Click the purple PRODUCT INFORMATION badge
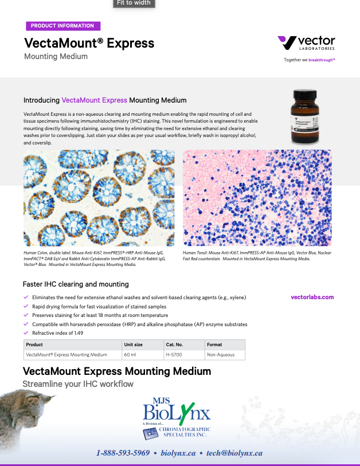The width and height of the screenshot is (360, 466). [62, 26]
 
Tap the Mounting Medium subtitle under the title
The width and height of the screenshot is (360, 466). [56, 56]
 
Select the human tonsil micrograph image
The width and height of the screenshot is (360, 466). [257, 198]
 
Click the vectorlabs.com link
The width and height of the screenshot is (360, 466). [312, 297]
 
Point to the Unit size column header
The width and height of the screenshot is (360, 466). [133, 344]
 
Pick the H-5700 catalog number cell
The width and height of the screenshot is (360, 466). [174, 355]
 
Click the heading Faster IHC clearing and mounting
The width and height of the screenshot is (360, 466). [76, 284]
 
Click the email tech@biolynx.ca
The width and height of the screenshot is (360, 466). [234, 453]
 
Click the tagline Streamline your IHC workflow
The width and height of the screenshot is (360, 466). [78, 383]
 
